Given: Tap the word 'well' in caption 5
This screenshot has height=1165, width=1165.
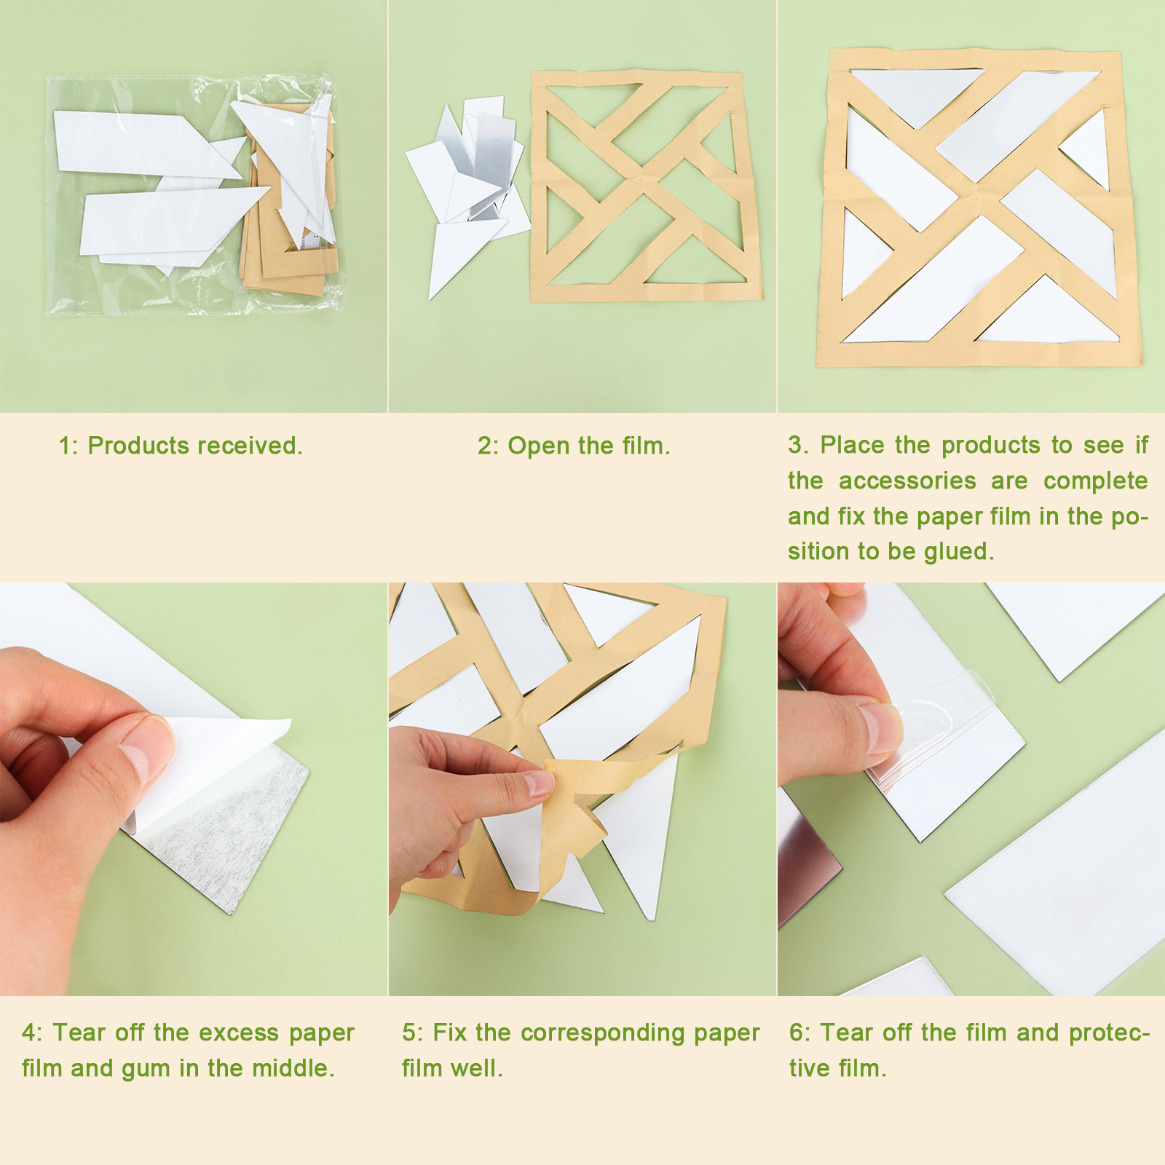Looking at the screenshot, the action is tap(477, 1068).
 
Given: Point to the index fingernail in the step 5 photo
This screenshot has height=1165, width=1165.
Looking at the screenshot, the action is tap(540, 783).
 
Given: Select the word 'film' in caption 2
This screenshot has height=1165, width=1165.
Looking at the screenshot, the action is tap(646, 446).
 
